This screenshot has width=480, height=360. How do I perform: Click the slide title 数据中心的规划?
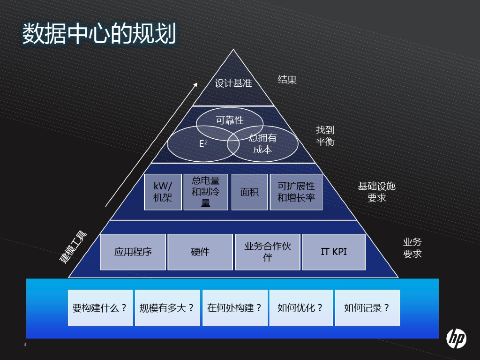[x=99, y=34]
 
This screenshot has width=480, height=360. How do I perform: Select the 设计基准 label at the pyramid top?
[x=233, y=83]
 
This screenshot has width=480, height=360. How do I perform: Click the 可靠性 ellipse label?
[x=230, y=120]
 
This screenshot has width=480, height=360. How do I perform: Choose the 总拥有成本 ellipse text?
[x=262, y=144]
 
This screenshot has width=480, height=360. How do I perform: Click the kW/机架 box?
[x=163, y=192]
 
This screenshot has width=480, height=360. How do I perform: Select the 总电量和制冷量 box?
[x=206, y=192]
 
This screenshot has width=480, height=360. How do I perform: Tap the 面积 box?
[x=249, y=192]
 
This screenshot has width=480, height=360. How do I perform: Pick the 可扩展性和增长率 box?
[x=296, y=192]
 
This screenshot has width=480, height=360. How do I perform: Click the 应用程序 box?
[x=133, y=252]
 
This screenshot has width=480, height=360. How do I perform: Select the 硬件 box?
[x=200, y=252]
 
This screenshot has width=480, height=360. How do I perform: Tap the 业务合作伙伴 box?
[x=268, y=252]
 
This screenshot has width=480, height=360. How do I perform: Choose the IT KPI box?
[x=334, y=252]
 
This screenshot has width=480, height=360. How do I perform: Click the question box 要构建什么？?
[x=100, y=308]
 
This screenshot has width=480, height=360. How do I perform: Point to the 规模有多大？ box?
[x=167, y=308]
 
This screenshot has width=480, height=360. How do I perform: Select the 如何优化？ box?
[x=300, y=308]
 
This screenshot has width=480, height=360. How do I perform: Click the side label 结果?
[x=287, y=80]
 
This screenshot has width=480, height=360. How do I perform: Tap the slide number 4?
[x=25, y=345]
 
